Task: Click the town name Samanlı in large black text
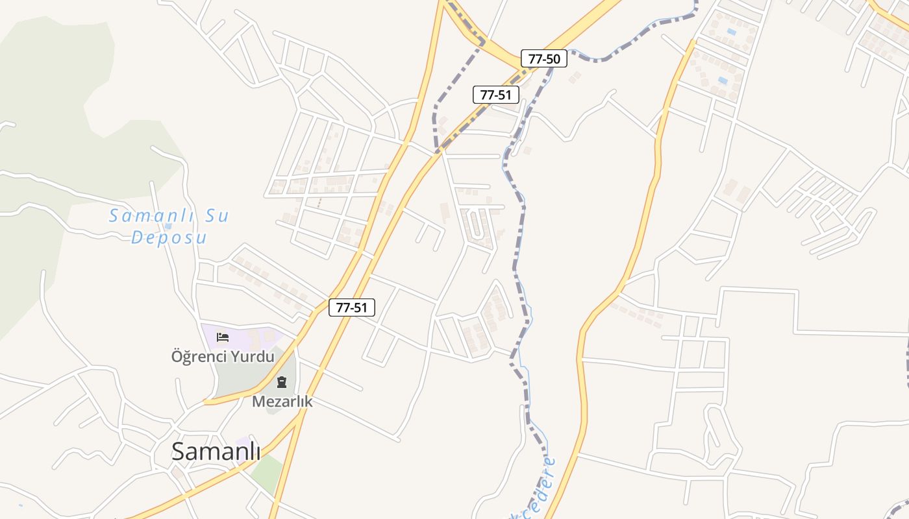coord(216,452)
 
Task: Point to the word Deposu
coord(169,237)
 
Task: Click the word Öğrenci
coord(195,356)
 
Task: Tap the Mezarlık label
coord(282,402)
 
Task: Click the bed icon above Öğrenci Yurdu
coord(223,337)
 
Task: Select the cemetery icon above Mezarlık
coord(282,382)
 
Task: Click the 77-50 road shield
coord(544,59)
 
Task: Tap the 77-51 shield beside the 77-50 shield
coord(496,95)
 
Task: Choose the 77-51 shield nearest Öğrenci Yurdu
coord(352,308)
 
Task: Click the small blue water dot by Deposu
coord(168,226)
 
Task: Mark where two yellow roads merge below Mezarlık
coord(300,415)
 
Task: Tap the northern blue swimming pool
coord(732,31)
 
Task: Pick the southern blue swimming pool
coord(723,80)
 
